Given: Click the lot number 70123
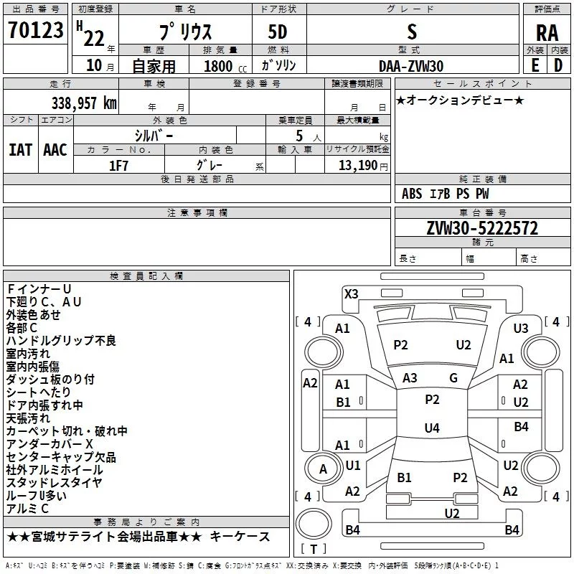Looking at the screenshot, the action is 35,31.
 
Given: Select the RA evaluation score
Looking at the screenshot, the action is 547,32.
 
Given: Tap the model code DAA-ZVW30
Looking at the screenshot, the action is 411,65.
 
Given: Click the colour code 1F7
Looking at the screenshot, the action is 119,164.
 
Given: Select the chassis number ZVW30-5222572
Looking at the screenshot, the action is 482,228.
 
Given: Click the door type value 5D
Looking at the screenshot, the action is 278,32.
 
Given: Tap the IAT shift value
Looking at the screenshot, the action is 20,150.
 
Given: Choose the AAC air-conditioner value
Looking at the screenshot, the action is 55,150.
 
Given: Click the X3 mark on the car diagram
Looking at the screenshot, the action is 352,293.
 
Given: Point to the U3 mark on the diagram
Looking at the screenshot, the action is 521,328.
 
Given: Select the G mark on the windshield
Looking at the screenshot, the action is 453,378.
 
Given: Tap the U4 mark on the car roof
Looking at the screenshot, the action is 431,428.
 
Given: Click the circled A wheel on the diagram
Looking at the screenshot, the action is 323,469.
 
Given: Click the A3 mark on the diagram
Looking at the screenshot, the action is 410,378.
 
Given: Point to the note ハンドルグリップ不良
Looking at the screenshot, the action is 61,340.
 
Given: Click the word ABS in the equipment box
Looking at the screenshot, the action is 412,194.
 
